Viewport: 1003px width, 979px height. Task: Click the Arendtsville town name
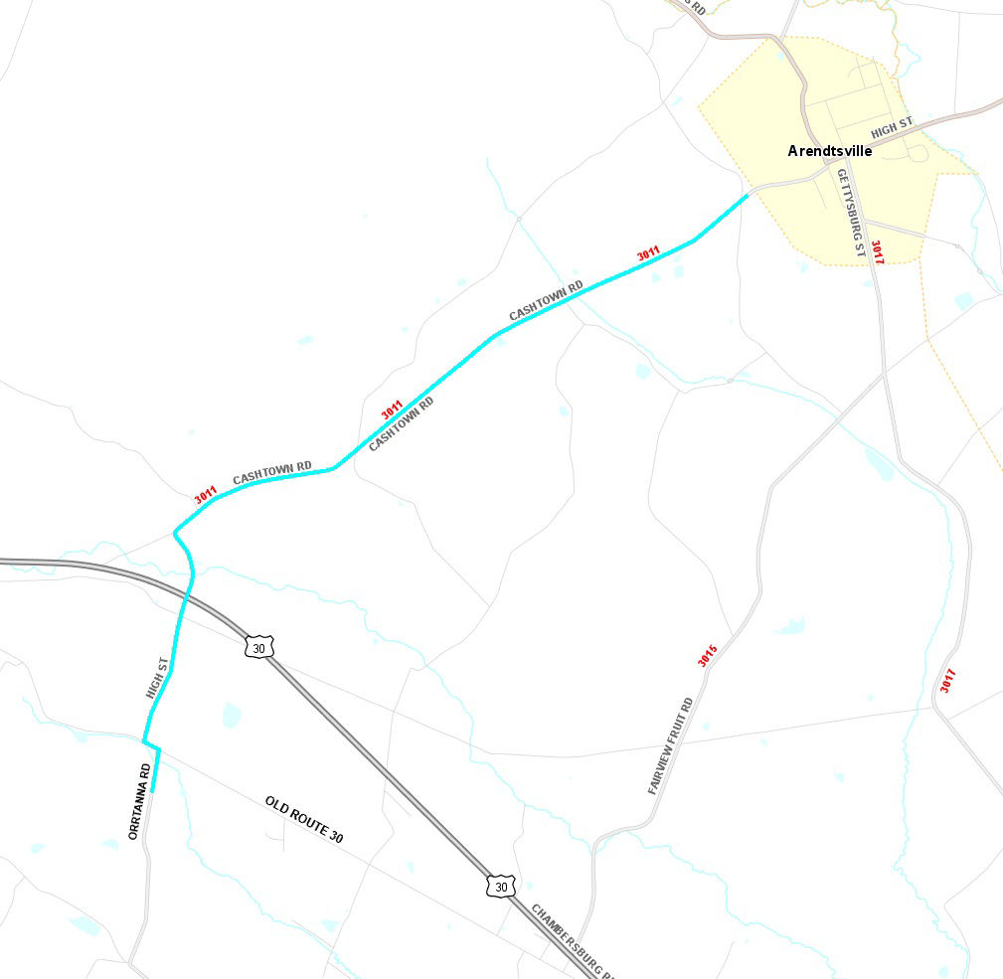tap(830, 151)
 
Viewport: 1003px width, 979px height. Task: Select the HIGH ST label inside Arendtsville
tap(891, 128)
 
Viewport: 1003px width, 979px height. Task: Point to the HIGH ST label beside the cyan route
tap(157, 677)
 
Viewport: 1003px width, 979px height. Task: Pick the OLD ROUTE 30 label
tap(304, 820)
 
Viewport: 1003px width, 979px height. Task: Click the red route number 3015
tap(708, 656)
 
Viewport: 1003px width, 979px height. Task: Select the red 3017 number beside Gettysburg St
tap(877, 252)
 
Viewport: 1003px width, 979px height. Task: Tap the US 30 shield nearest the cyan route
tap(258, 647)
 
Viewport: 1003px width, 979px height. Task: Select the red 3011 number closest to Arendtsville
tap(648, 255)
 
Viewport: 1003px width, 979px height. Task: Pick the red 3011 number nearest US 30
tap(206, 495)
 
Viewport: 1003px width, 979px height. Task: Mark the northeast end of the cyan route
tap(747, 197)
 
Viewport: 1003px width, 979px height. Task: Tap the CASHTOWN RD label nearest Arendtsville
tap(546, 301)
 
